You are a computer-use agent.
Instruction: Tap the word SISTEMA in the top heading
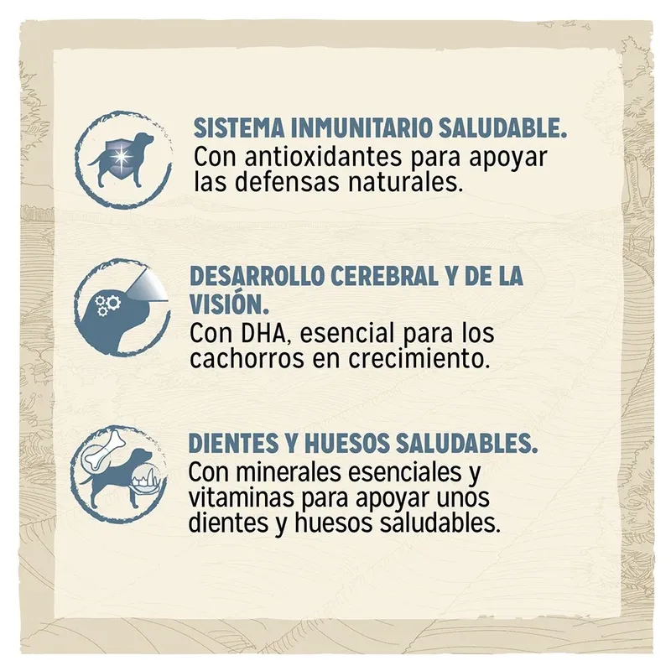239,127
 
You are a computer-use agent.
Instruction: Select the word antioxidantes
323,157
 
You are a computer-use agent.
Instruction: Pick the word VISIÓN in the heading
226,304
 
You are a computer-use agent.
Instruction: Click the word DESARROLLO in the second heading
257,276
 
